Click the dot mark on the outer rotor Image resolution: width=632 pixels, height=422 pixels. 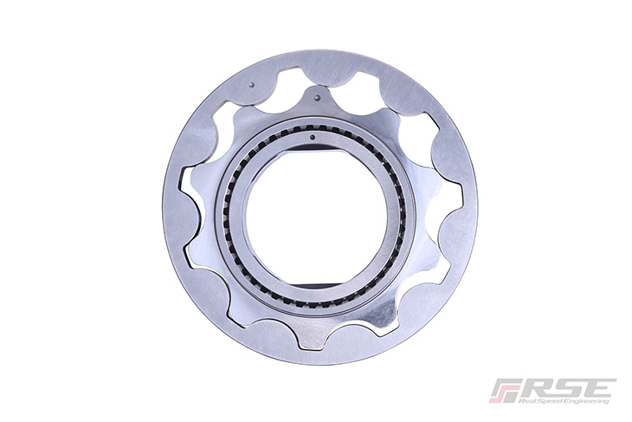coord(252,85)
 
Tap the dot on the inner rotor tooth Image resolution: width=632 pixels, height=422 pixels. coord(317,98)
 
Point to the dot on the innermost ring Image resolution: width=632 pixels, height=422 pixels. coord(313,138)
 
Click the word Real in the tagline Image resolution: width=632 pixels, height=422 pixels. coord(526,401)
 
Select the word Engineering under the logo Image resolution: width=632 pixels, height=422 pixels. coord(584,401)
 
